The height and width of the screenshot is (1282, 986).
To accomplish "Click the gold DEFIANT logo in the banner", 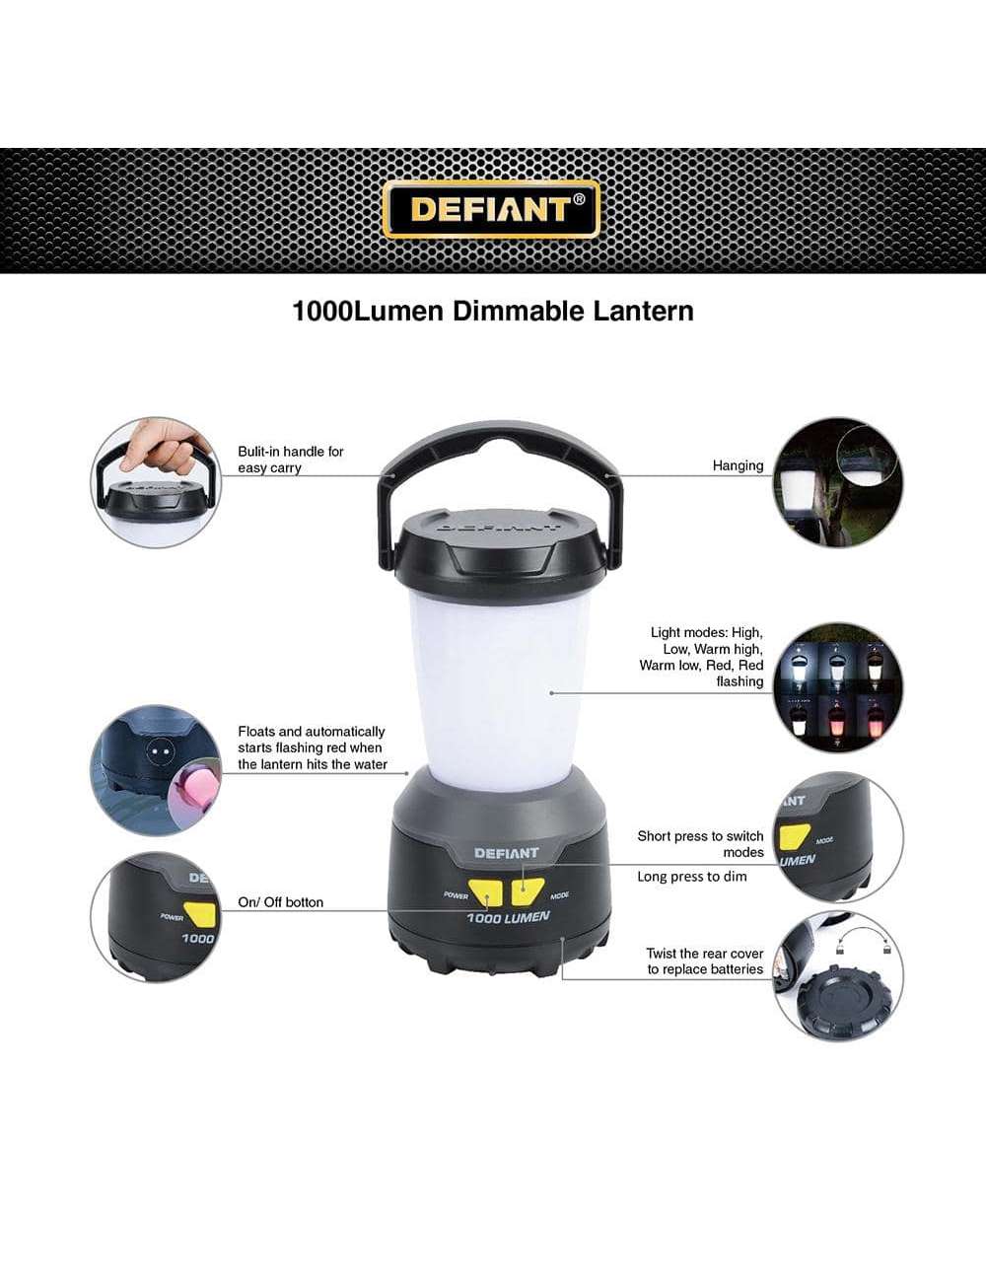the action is pos(492,209).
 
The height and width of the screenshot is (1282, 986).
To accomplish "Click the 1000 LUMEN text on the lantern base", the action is pos(509,918).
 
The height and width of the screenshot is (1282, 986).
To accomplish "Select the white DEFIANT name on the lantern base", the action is pos(507,853).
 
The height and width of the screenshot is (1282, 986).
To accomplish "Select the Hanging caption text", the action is pos(738,465).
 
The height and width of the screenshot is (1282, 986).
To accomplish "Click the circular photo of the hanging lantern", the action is pos(837,482).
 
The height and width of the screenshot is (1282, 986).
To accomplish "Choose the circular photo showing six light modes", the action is pos(837,687).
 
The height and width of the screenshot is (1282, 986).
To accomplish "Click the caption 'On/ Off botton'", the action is pos(281,902).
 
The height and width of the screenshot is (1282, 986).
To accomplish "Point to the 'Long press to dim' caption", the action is pos(692,877).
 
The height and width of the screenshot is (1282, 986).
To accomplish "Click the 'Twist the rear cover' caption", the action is pos(705,954).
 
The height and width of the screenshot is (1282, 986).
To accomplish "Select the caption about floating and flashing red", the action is pos(313,748).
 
